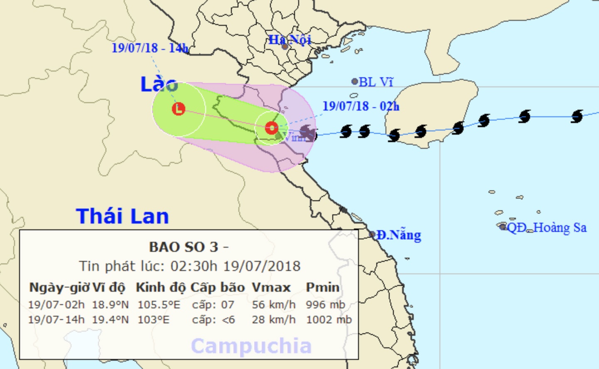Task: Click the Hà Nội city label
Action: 290,40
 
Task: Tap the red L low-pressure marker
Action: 179,109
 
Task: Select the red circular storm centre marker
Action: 272,128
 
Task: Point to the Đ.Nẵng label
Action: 398,235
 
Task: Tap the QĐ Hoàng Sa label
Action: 546,228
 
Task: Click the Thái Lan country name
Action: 123,216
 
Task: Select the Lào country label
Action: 159,84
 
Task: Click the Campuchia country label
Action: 251,346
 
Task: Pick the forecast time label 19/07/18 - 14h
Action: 150,48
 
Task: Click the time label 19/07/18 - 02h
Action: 361,106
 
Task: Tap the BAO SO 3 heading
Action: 184,247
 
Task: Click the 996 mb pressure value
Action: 325,305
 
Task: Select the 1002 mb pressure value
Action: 329,320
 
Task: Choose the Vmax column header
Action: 271,287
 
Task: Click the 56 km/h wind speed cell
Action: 273,305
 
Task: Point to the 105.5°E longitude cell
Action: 159,305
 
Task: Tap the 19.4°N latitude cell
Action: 110,320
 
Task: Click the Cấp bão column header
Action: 217,287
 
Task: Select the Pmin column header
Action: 322,287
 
